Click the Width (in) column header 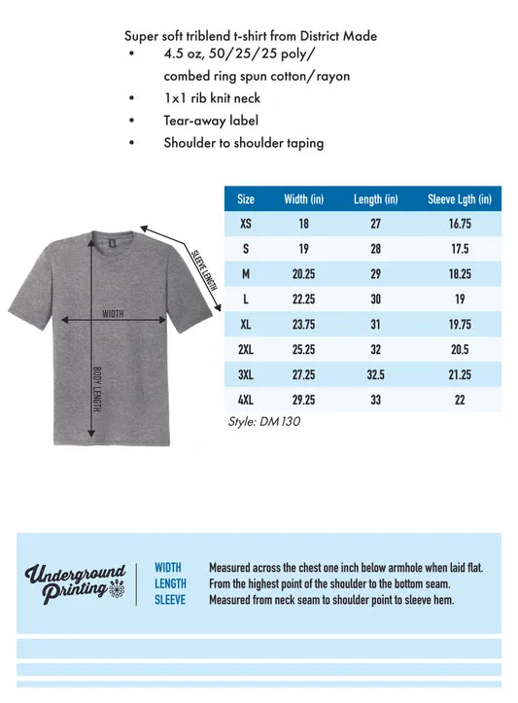point(303,199)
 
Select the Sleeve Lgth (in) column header point(460,199)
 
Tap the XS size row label point(246,224)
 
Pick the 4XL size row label point(246,400)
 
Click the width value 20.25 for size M point(303,274)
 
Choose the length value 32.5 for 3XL point(375,374)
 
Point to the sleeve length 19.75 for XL point(460,325)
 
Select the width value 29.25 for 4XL point(303,400)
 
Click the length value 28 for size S point(375,249)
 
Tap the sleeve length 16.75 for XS point(460,224)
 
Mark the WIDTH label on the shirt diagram point(113,314)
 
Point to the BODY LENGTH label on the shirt point(97,389)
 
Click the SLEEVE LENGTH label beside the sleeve point(203,267)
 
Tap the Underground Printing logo point(76,583)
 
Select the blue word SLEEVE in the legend point(170,600)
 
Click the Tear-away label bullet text point(211,121)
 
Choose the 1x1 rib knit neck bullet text point(212,98)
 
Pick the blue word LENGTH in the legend point(170,583)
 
